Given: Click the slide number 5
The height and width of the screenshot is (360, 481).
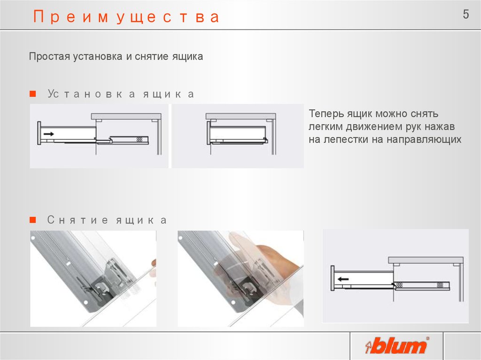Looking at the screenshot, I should (x=465, y=15).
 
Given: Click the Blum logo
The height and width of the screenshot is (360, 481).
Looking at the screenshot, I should (x=398, y=346).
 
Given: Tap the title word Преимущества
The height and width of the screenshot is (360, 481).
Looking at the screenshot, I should (x=126, y=17).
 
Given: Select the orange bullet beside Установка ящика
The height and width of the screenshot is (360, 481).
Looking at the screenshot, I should (x=32, y=94).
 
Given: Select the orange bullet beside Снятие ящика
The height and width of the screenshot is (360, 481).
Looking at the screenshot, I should (x=32, y=220).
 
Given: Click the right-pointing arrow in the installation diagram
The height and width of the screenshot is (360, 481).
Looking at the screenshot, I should (x=48, y=134).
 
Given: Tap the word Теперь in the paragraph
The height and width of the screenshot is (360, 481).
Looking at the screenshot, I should (x=326, y=114).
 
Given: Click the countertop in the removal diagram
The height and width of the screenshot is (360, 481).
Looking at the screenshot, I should (x=425, y=260).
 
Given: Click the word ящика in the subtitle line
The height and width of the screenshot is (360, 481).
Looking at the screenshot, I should (x=188, y=57).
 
